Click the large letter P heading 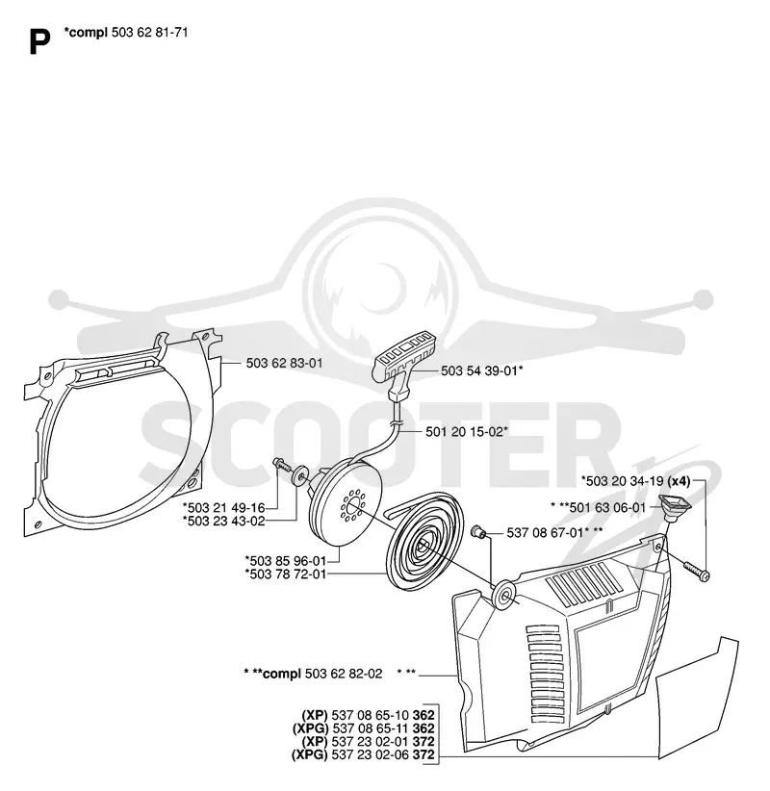(x=39, y=42)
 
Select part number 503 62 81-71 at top (x=149, y=33)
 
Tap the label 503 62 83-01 (x=284, y=363)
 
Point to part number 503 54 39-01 (x=479, y=370)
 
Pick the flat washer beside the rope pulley (x=301, y=475)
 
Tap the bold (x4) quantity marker (x=679, y=481)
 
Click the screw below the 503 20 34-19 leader (x=697, y=571)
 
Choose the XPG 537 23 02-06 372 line (x=363, y=755)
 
